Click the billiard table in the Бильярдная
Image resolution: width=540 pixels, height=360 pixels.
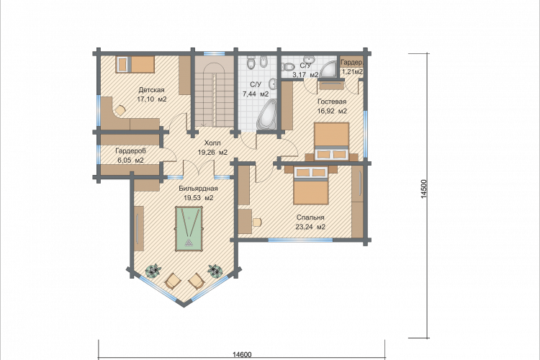189,229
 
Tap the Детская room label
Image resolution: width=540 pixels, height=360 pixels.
151,90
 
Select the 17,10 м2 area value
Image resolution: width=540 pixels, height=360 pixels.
151,99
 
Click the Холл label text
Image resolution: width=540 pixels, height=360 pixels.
212,143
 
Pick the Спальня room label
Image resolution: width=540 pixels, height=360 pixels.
310,217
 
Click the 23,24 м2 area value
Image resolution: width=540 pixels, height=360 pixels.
310,227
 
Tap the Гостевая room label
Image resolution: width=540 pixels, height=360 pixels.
332,102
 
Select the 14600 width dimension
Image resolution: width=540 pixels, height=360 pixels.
242,354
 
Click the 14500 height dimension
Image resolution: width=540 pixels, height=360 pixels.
424,189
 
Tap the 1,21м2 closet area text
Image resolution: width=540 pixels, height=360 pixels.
351,72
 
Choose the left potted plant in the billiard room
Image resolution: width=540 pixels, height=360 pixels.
153,270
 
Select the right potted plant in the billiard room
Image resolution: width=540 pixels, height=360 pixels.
215,271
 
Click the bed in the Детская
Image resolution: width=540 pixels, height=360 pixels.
135,64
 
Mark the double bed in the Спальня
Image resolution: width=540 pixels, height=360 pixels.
311,186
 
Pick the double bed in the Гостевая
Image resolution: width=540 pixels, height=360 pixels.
332,141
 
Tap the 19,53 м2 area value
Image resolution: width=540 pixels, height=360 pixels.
199,198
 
